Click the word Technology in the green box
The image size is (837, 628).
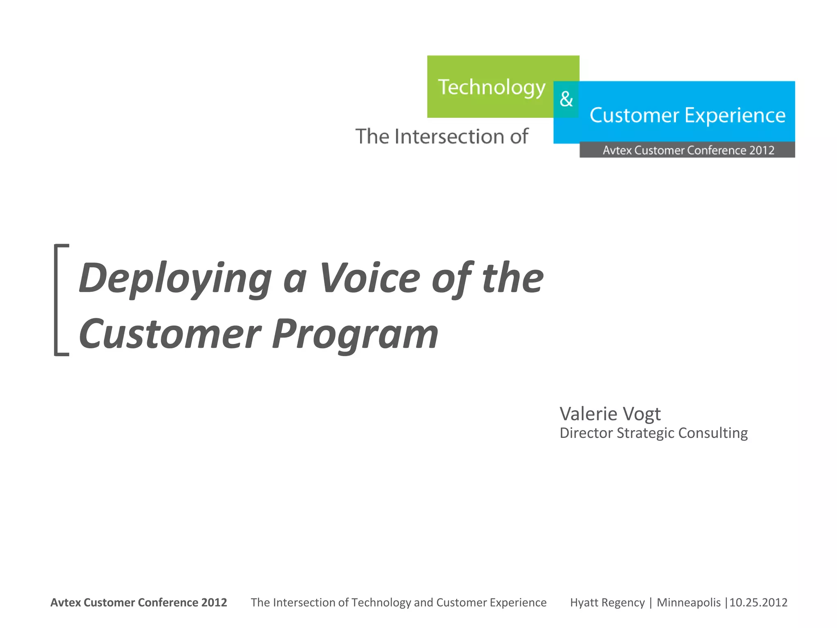coord(491,88)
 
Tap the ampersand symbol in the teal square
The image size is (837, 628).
coord(566,99)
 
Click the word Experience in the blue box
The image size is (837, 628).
coord(735,116)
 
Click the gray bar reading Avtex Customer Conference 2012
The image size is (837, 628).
coord(687,150)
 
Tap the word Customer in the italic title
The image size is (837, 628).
coord(170,334)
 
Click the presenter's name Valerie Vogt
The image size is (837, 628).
coord(610,414)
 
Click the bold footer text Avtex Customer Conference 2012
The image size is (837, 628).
coord(139,603)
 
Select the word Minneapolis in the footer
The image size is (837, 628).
coord(688,603)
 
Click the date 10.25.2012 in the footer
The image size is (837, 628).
coord(759,603)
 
